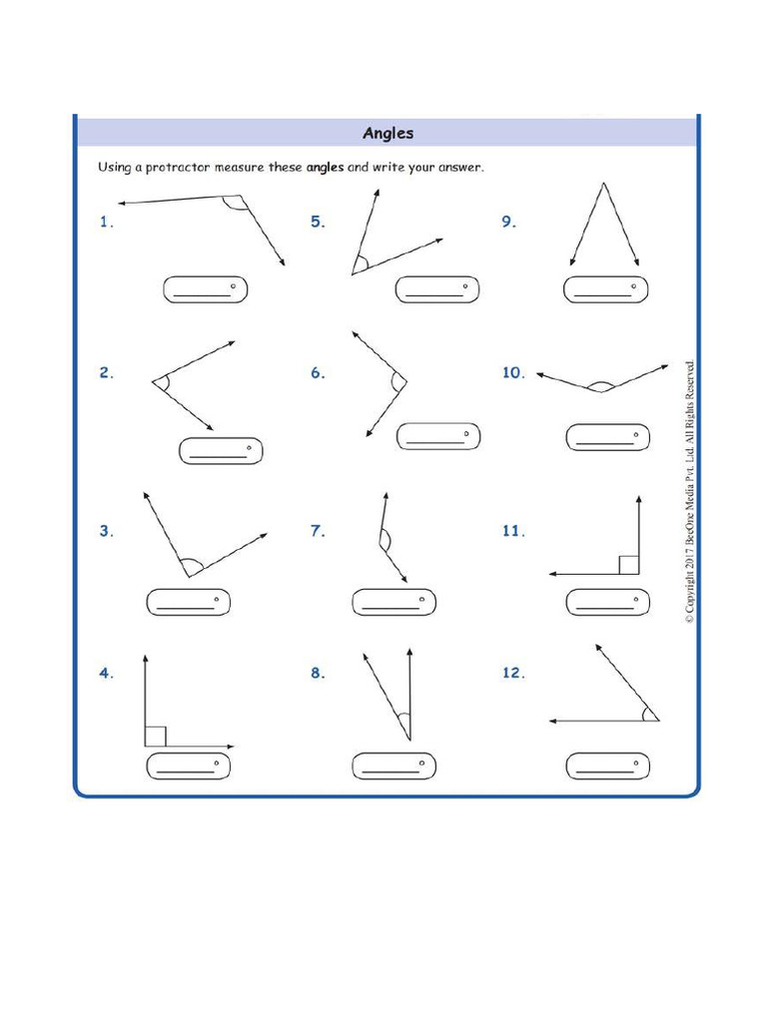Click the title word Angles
[x=387, y=133]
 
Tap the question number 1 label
[x=106, y=223]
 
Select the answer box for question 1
[x=205, y=289]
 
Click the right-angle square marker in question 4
[x=155, y=737]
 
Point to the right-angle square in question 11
[x=628, y=565]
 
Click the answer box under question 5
[x=436, y=289]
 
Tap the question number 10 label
[x=513, y=372]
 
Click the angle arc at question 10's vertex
[x=599, y=384]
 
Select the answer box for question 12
[x=607, y=766]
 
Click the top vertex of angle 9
[x=603, y=184]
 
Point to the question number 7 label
[x=318, y=532]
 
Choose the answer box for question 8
[x=393, y=766]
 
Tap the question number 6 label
[x=318, y=372]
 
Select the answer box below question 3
[x=188, y=603]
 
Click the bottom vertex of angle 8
[x=409, y=740]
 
